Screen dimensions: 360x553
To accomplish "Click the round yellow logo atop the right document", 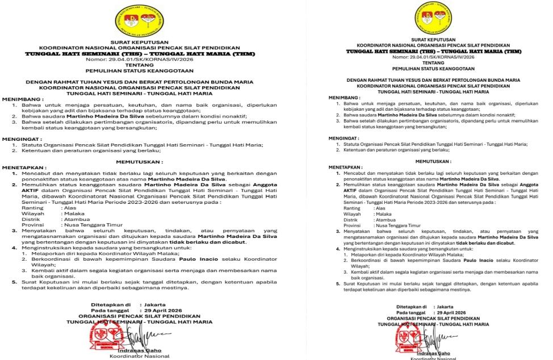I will click(x=433, y=15).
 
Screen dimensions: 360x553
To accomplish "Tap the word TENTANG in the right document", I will click(x=433, y=62).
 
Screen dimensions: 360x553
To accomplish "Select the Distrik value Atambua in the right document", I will click(x=387, y=219).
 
